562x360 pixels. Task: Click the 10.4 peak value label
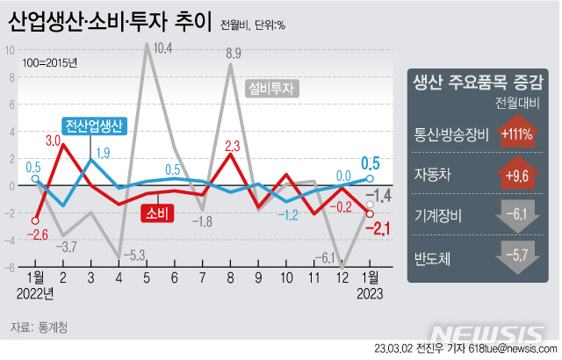pyautogui.click(x=162, y=48)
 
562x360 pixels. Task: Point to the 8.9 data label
pyautogui.click(x=233, y=54)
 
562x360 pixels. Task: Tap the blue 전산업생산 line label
pyautogui.click(x=94, y=126)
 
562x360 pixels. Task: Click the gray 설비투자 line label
pyautogui.click(x=274, y=88)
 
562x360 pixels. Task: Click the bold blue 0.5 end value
pyautogui.click(x=371, y=162)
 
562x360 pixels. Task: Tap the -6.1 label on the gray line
pyautogui.click(x=325, y=257)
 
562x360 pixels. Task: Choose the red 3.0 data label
pyautogui.click(x=53, y=140)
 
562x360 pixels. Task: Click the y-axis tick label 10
pyautogui.click(x=10, y=49)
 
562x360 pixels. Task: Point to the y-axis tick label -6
pyautogui.click(x=10, y=267)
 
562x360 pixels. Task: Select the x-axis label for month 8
pyautogui.click(x=230, y=277)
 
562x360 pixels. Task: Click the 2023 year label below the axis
pyautogui.click(x=369, y=292)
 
